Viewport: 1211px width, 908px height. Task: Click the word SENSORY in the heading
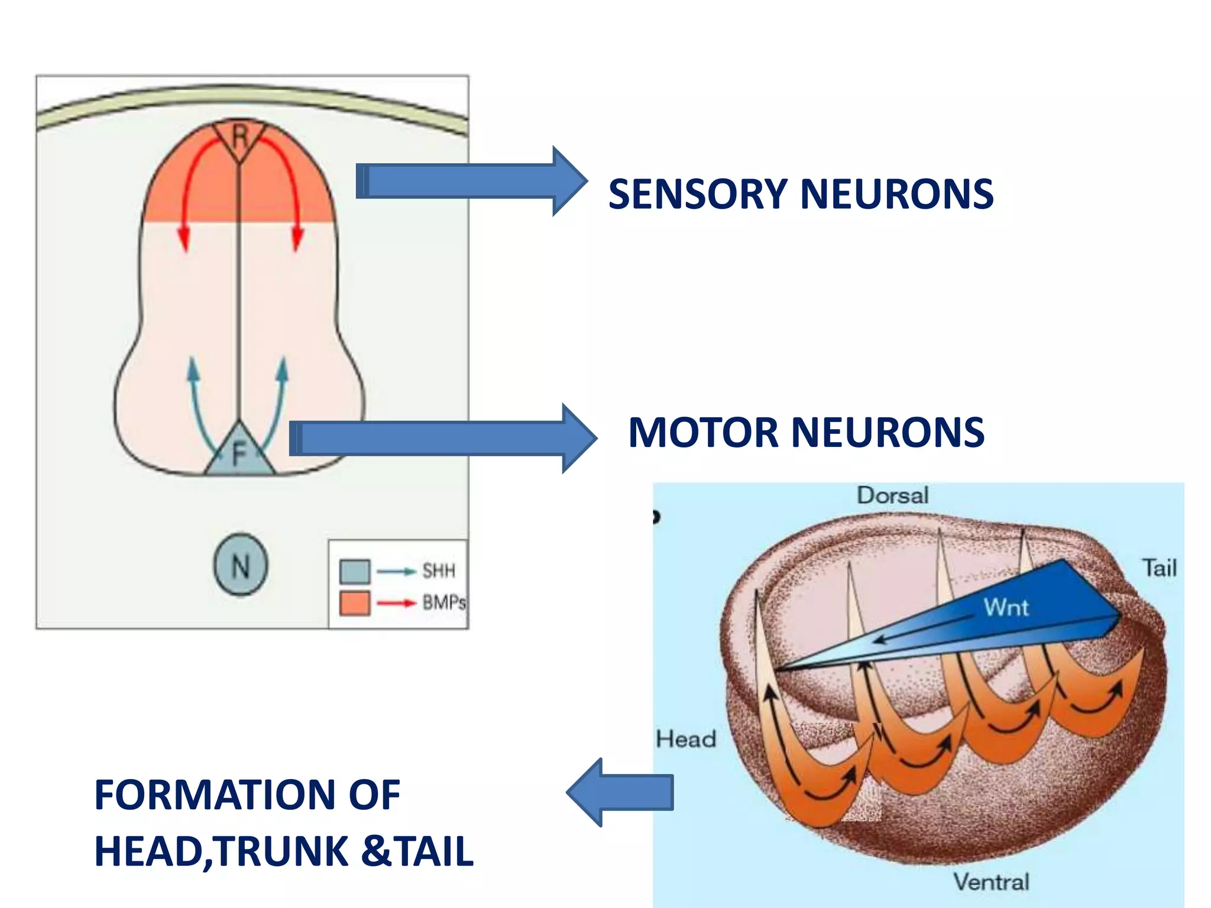click(698, 194)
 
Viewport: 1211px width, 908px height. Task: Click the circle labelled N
click(240, 565)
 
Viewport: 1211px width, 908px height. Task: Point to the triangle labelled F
click(239, 455)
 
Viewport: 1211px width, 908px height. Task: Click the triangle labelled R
click(239, 138)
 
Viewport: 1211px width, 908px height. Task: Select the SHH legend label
click(438, 571)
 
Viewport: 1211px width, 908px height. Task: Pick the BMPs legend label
click(443, 603)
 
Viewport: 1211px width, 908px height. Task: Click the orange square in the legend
click(355, 603)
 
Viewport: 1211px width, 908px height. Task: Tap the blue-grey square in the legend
click(355, 572)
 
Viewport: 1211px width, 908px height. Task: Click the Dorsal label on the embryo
click(892, 495)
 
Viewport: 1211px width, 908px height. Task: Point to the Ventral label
click(991, 882)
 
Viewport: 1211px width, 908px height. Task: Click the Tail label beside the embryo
click(1159, 568)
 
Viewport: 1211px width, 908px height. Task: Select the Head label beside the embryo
click(686, 739)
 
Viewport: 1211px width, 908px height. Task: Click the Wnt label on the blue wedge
click(1006, 607)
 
